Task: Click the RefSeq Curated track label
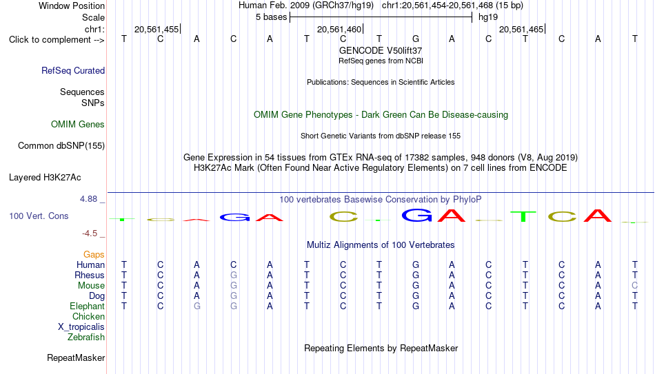click(73, 70)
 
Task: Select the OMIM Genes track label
click(78, 125)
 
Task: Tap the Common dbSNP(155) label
click(61, 146)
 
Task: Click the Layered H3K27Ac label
click(45, 178)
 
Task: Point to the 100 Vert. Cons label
click(39, 216)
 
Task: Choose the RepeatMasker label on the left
click(76, 357)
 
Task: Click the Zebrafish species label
click(86, 337)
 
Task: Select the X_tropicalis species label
click(81, 327)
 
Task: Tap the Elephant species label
click(88, 306)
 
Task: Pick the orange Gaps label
click(94, 255)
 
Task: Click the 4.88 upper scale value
click(88, 199)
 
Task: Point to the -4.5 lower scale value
click(90, 233)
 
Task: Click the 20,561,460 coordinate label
click(339, 29)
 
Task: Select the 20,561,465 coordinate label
click(521, 29)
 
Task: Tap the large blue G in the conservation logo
click(416, 215)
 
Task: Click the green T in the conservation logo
click(523, 216)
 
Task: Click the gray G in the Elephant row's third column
click(196, 306)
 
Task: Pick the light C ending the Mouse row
click(634, 286)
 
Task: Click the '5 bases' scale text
click(272, 17)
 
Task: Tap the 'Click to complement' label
click(50, 40)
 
